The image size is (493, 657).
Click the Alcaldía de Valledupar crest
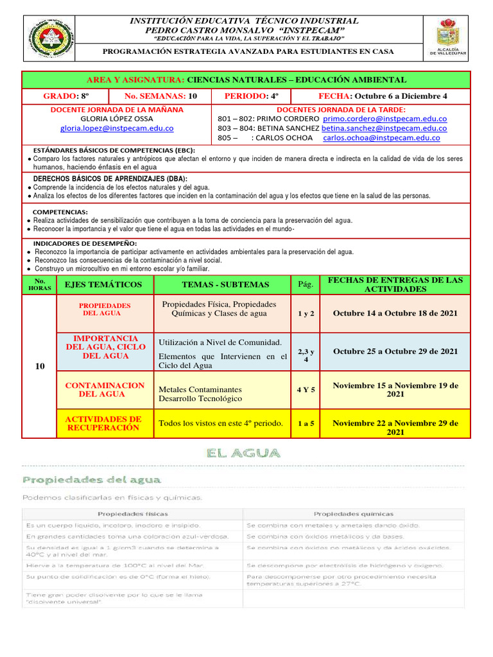click(x=447, y=33)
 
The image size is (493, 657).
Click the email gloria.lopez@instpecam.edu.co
click(x=118, y=128)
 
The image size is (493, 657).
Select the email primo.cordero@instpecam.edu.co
click(x=385, y=119)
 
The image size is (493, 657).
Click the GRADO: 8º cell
click(x=65, y=96)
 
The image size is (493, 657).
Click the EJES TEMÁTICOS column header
click(x=105, y=284)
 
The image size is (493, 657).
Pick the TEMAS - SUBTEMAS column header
click(x=221, y=284)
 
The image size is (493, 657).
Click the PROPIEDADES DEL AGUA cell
click(x=105, y=309)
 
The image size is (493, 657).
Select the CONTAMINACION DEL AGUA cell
click(x=105, y=389)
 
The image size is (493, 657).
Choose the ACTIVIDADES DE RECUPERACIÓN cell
click(x=105, y=423)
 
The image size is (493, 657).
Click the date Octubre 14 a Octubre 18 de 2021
click(x=395, y=313)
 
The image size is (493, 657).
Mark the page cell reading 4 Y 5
click(x=306, y=389)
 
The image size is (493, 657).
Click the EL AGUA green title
click(x=243, y=453)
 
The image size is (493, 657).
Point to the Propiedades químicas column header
click(x=352, y=513)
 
